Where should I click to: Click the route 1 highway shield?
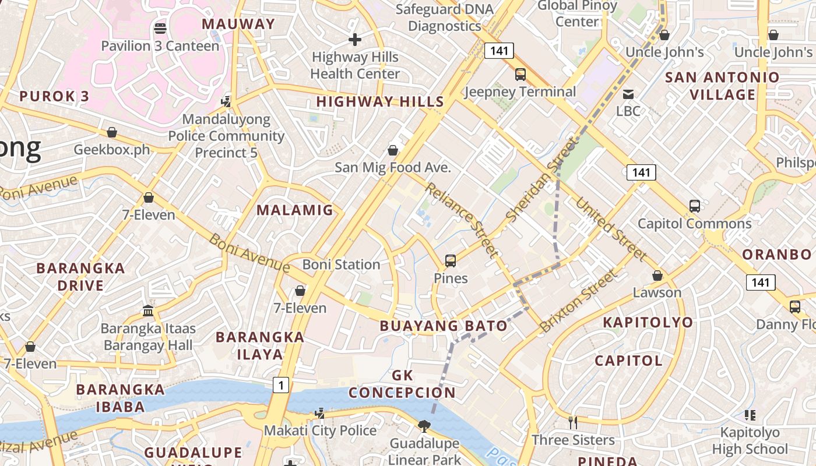(x=280, y=385)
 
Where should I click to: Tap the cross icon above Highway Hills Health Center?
(x=355, y=40)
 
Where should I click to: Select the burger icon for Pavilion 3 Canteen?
(x=160, y=28)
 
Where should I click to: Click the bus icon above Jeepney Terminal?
(x=520, y=75)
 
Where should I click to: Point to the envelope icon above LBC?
(x=628, y=94)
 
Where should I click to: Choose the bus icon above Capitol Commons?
(x=694, y=206)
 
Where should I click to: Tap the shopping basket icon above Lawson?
(x=657, y=275)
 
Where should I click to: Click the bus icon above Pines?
(x=451, y=260)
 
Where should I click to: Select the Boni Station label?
(x=341, y=264)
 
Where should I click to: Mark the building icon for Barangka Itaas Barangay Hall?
(x=148, y=310)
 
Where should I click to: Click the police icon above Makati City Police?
(x=319, y=414)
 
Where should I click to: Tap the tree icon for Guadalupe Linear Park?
(x=424, y=426)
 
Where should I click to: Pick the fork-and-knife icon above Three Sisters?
(x=573, y=422)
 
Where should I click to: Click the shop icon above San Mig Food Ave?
(x=393, y=150)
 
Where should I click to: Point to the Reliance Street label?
(x=462, y=220)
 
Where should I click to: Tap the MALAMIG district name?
(x=295, y=210)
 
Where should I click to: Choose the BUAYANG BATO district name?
(x=444, y=326)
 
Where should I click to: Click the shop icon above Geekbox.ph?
(x=111, y=132)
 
